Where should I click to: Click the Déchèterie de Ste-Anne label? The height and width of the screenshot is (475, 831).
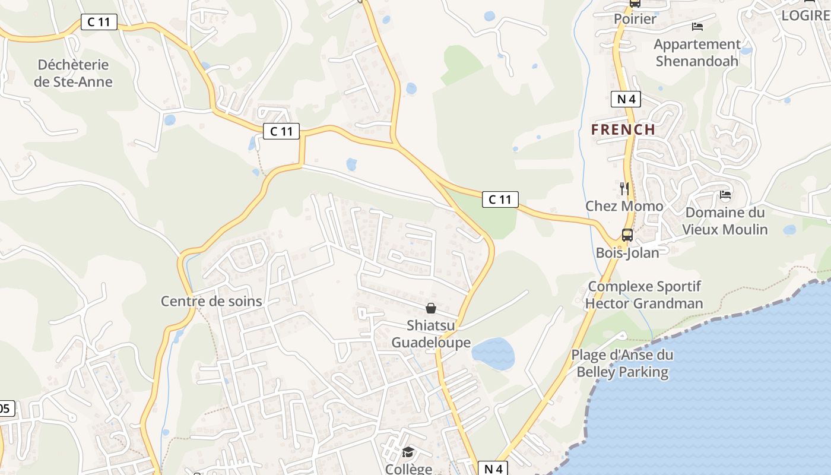[x=73, y=73]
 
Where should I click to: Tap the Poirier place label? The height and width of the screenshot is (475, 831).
[x=635, y=19]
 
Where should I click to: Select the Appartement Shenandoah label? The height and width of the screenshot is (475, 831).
[x=697, y=52]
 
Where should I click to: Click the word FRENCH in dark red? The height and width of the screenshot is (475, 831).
[x=623, y=129]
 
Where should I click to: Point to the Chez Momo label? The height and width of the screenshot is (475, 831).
[x=624, y=206]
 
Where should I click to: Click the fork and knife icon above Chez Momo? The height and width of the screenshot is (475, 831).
[x=624, y=189]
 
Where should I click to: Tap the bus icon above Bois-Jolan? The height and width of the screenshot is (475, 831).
[x=627, y=235]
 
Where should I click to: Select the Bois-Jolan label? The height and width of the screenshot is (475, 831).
[x=627, y=253]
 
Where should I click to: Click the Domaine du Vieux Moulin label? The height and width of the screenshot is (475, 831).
[x=725, y=221]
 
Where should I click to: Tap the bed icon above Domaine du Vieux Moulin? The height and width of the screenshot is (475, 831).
[x=725, y=195]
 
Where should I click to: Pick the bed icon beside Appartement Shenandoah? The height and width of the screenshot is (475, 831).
[x=697, y=27]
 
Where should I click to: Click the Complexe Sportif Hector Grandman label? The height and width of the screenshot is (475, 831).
[x=644, y=295]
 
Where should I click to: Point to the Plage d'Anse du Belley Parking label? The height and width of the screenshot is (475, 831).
[x=622, y=364]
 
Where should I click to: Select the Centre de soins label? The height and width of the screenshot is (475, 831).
[x=211, y=301]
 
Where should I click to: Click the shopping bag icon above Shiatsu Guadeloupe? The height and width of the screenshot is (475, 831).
[x=431, y=308]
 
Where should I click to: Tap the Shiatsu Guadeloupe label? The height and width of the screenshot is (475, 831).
[x=431, y=334]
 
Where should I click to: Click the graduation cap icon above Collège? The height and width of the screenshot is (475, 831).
[x=408, y=452]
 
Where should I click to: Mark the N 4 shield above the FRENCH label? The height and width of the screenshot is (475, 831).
[x=626, y=99]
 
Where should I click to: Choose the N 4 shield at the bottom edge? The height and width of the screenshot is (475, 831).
[x=493, y=468]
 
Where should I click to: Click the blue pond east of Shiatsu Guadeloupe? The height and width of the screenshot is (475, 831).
[x=493, y=353]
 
